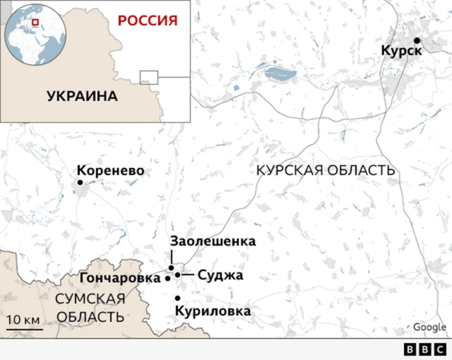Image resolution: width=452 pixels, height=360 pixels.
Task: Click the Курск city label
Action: pos(401,52)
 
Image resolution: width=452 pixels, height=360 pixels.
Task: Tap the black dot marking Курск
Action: pos(417,40)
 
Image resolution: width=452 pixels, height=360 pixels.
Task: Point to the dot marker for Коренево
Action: pos(80,183)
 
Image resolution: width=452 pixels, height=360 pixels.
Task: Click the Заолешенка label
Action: pos(213,241)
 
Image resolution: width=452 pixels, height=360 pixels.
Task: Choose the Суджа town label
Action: pos(220,275)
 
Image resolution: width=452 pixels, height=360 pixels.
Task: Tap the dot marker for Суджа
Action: pos(178,275)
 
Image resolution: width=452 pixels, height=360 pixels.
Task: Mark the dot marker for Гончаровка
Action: pos(167,278)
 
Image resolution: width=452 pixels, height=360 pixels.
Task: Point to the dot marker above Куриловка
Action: pos(177,298)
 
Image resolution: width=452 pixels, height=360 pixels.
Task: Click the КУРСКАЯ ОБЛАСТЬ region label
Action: pos(325,171)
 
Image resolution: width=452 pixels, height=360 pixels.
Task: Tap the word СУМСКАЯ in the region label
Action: pos(90,299)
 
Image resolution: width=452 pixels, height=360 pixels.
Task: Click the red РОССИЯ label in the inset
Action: pos(147,19)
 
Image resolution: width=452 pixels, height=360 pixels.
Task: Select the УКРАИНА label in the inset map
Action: pos(82,96)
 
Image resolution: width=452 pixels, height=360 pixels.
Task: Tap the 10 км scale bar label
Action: pos(23,320)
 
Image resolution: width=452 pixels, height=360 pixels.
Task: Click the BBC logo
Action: pos(424,349)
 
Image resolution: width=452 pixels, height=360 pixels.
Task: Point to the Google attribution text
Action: pos(429,327)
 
